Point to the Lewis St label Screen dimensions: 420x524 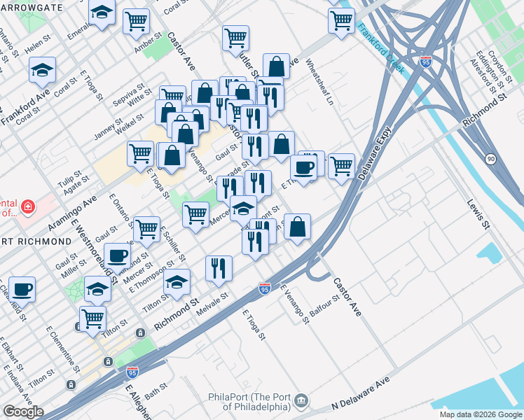476,214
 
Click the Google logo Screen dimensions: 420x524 23,412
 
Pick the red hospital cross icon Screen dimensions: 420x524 27,207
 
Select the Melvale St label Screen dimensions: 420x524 213,303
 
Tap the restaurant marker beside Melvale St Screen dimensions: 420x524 219,268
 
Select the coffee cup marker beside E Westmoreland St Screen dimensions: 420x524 117,255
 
